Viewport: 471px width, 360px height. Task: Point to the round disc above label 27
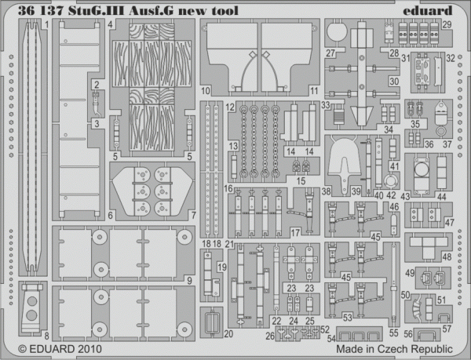[x=335, y=32]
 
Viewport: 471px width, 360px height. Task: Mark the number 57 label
[x=447, y=329]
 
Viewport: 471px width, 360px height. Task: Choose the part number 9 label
[x=191, y=280]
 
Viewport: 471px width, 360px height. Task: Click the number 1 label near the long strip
[x=46, y=24]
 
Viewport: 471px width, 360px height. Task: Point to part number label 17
[x=295, y=232]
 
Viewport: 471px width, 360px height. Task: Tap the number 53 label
[x=346, y=316]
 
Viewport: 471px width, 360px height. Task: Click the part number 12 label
[x=230, y=106]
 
